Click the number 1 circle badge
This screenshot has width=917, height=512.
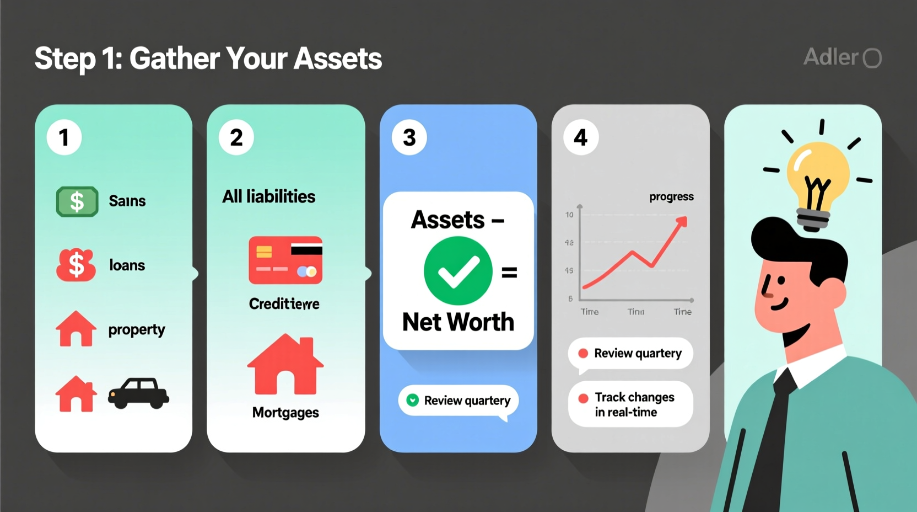click(64, 137)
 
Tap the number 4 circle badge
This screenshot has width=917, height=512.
click(581, 137)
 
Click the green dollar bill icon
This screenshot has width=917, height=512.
click(77, 201)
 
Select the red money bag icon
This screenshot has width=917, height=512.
click(76, 265)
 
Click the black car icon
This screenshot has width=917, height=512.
click(138, 393)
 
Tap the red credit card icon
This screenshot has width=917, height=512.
click(285, 260)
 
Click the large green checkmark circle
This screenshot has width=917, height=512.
click(458, 271)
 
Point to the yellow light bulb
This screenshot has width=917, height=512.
click(817, 175)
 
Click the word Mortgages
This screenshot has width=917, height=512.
click(285, 413)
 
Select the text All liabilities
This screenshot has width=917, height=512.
click(269, 196)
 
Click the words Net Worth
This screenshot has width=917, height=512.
click(458, 322)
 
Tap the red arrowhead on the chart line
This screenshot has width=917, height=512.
click(682, 222)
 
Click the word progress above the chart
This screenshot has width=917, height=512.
click(671, 197)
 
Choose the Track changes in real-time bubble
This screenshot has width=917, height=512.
click(630, 404)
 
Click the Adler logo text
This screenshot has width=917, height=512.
click(831, 57)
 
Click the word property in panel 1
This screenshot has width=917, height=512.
click(137, 330)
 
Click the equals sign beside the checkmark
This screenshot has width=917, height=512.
click(509, 273)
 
